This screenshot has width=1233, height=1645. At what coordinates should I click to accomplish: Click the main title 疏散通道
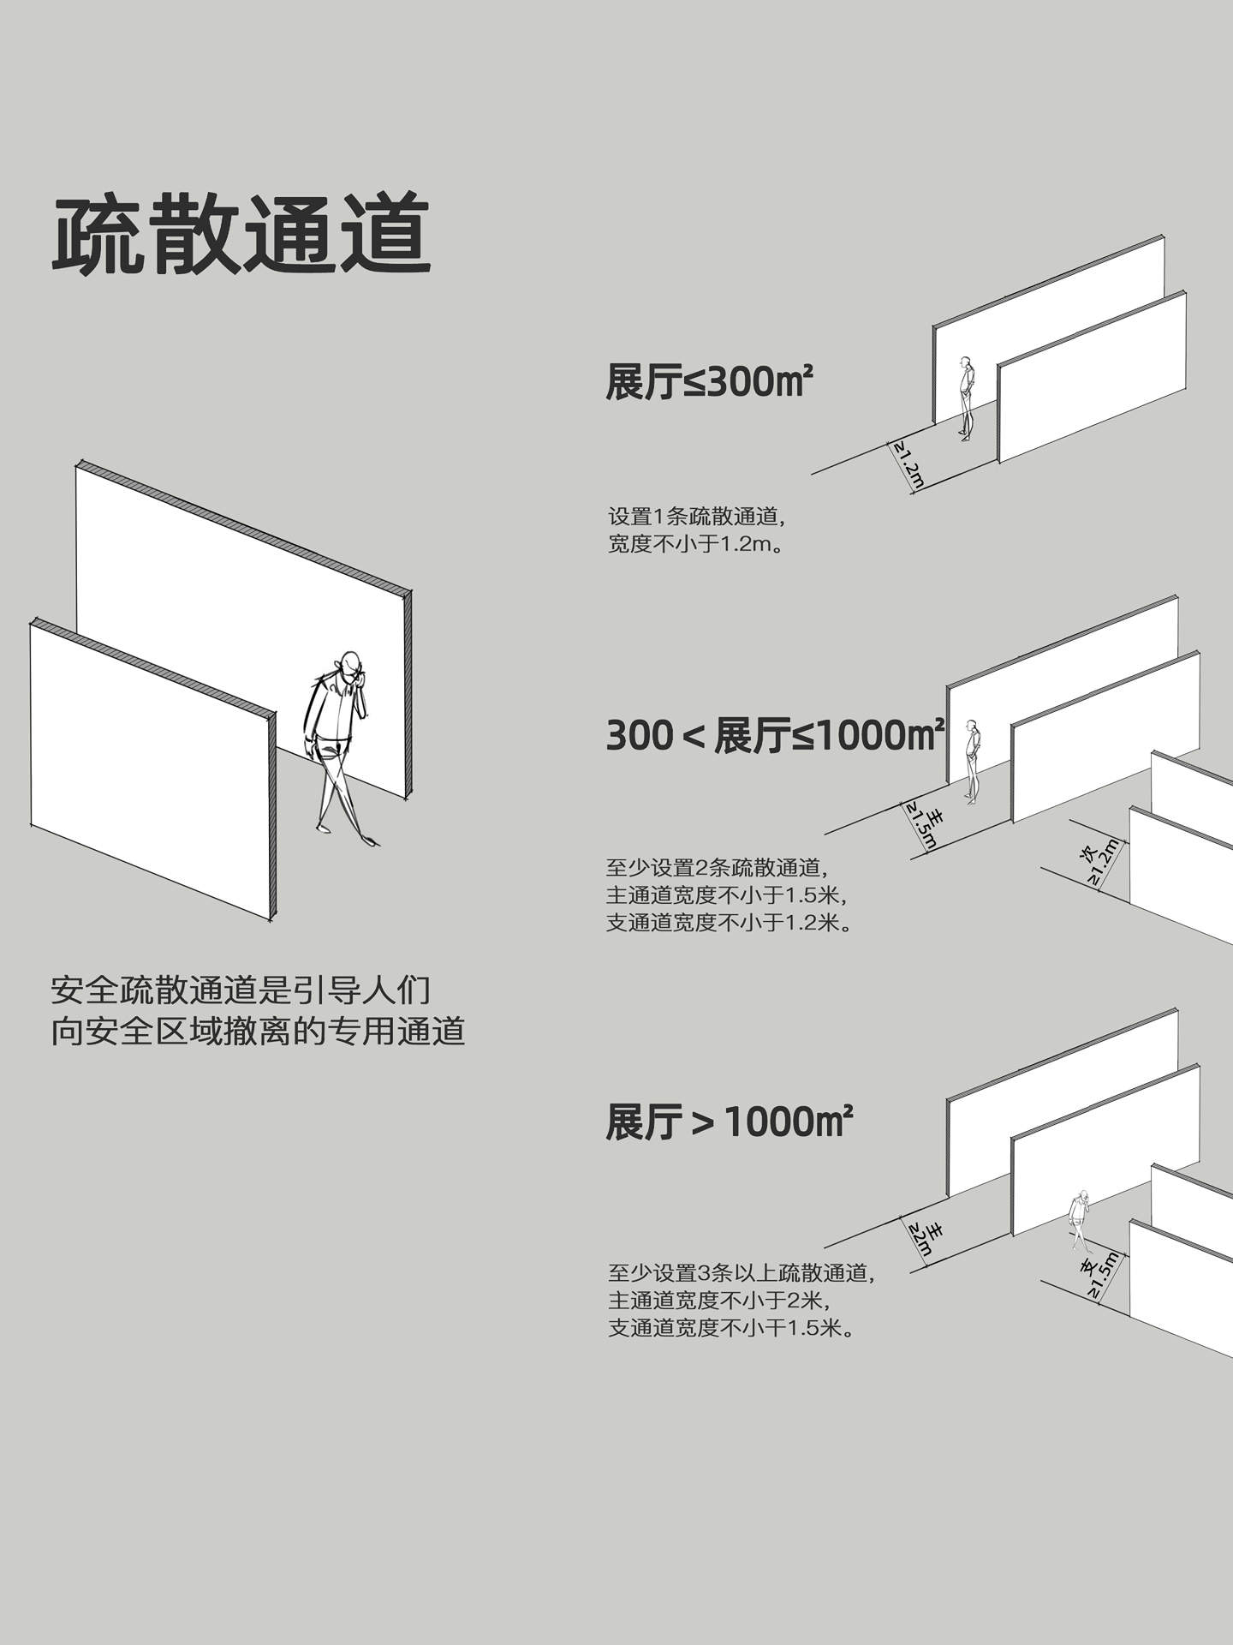(241, 234)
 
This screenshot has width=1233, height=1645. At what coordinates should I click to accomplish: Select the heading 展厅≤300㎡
(708, 381)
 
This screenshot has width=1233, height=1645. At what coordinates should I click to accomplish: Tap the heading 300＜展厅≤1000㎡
(775, 736)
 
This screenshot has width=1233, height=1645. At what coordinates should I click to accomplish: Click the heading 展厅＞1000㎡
(729, 1122)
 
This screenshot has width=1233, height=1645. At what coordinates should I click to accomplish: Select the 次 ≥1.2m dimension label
(1098, 860)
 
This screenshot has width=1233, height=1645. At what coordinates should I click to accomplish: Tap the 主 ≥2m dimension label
(926, 1237)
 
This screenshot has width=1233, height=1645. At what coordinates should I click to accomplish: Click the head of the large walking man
(348, 664)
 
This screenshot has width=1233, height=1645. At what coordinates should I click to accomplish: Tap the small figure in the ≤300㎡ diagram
(967, 398)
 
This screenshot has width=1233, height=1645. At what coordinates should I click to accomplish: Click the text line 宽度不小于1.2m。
(695, 544)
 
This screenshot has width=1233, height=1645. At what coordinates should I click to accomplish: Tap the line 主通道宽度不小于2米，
(719, 1300)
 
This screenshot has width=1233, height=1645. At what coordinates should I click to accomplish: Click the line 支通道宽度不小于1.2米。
(729, 923)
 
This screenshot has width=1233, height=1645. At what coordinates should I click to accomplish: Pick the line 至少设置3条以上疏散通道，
(742, 1272)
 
